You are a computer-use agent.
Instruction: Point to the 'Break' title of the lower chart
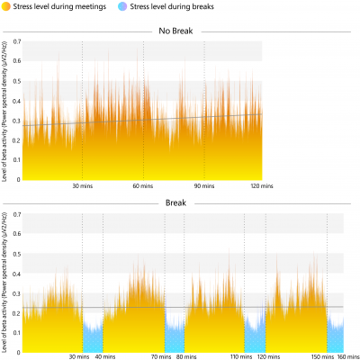[176, 203]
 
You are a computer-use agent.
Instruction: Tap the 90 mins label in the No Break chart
[204, 185]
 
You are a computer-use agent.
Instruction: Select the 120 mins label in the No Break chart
[261, 185]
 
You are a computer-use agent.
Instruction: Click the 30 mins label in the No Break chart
[83, 185]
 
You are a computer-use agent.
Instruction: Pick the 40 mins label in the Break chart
[106, 355]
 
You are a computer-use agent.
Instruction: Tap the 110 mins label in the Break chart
[242, 355]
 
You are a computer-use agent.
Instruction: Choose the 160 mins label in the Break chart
[346, 355]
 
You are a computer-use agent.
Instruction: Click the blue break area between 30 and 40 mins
[93, 337]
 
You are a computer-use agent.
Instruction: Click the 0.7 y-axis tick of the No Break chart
[16, 42]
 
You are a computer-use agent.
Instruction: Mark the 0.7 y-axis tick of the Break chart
[16, 213]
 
